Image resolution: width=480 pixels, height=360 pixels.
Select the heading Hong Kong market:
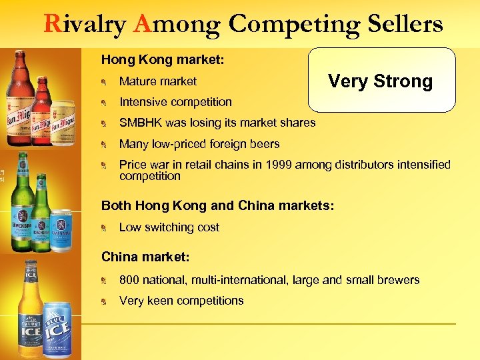pyautogui.click(x=163, y=60)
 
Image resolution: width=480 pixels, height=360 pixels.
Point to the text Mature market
pyautogui.click(x=158, y=81)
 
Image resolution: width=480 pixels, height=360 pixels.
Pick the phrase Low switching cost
pyautogui.click(x=169, y=227)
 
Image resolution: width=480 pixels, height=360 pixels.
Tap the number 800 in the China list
pyautogui.click(x=129, y=280)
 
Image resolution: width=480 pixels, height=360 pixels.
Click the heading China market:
pyautogui.click(x=145, y=257)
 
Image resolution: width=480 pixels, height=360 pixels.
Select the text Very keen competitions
pyautogui.click(x=181, y=301)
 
